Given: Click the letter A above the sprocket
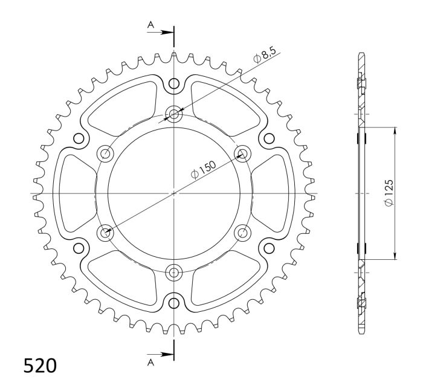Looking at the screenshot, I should tap(150, 25).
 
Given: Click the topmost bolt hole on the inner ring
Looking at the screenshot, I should tap(175, 114).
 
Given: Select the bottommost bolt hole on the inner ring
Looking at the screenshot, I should tap(175, 272).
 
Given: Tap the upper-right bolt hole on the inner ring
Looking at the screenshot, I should tap(243, 153).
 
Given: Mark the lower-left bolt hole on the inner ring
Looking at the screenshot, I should tap(106, 232).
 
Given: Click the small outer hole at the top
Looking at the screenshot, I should tap(175, 83).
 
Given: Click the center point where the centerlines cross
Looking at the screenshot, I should tap(175, 193).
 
